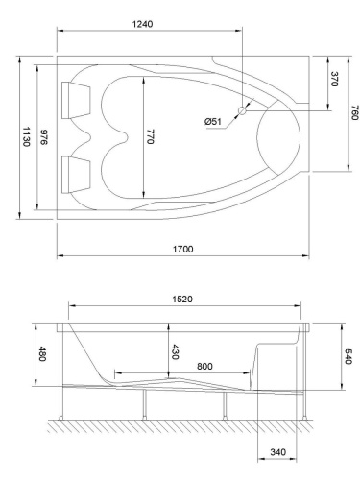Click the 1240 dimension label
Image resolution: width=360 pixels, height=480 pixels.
[x=148, y=23]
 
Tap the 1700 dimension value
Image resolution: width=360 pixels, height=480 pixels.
[x=182, y=249]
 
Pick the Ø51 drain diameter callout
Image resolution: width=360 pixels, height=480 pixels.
[x=213, y=121]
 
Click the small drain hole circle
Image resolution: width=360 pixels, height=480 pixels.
[x=242, y=110]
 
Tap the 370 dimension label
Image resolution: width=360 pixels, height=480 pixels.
[x=334, y=81]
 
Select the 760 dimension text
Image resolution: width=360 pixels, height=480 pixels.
[x=353, y=113]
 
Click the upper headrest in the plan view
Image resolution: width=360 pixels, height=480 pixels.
[x=75, y=95]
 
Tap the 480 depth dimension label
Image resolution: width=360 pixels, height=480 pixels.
[x=41, y=352]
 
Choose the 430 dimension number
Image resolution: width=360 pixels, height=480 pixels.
[x=175, y=352]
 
